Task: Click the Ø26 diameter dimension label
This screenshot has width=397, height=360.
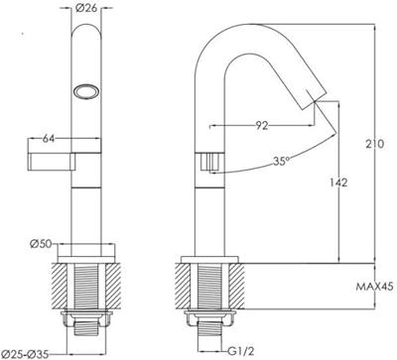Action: pyautogui.click(x=86, y=8)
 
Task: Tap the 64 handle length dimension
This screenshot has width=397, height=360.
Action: pyautogui.click(x=49, y=139)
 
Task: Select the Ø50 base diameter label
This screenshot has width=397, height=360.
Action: pyautogui.click(x=41, y=244)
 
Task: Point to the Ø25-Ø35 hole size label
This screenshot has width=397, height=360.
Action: pyautogui.click(x=25, y=354)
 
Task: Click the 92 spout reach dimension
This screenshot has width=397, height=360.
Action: pyautogui.click(x=262, y=126)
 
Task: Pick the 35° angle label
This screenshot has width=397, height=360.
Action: pyautogui.click(x=281, y=161)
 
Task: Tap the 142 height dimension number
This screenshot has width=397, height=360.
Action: pyautogui.click(x=337, y=182)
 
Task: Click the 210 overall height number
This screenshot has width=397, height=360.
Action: pyautogui.click(x=375, y=144)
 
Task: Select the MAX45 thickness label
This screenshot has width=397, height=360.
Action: pyautogui.click(x=374, y=287)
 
